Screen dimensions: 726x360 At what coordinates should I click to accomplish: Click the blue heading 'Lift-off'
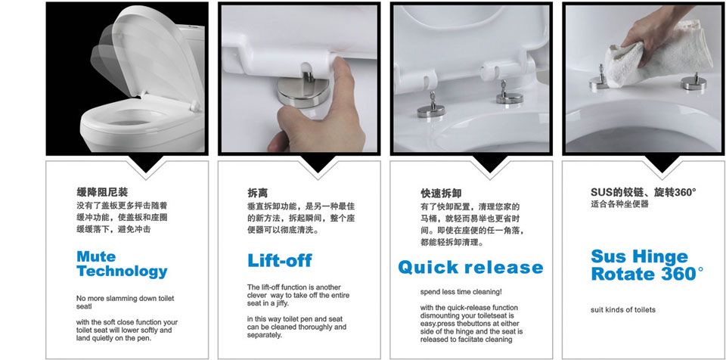click(280, 260)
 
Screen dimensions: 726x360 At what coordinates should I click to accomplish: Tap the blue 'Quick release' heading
click(470, 267)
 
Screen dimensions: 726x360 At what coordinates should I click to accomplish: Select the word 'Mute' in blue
click(96, 256)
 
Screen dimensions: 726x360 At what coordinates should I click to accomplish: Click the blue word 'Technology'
click(123, 271)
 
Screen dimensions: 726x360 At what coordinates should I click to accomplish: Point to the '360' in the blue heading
click(680, 273)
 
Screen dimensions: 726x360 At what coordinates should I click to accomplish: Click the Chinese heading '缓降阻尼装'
click(102, 192)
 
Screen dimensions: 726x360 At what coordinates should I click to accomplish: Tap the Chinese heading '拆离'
click(257, 193)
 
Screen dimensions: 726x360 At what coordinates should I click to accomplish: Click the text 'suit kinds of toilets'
click(623, 309)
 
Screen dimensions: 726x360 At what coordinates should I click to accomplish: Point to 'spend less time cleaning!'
click(461, 292)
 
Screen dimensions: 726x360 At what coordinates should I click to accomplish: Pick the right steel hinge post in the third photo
click(509, 93)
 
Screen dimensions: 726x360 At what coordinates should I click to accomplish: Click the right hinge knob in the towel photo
click(693, 82)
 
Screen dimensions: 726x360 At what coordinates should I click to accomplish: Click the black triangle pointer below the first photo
click(146, 164)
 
